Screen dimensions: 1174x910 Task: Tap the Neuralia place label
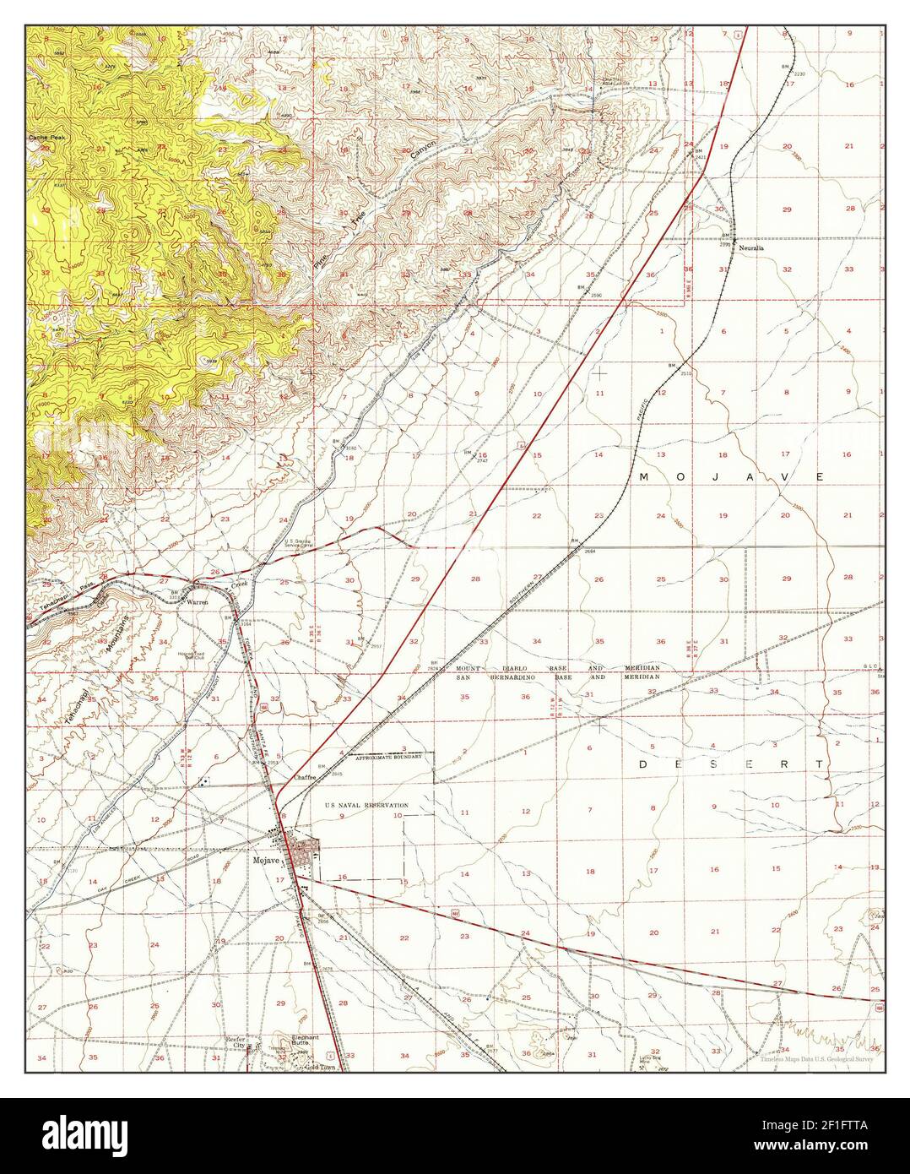[750, 249]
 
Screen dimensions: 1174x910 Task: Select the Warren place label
[197, 603]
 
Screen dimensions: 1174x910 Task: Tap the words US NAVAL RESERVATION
[366, 806]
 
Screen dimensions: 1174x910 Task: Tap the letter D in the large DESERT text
[642, 764]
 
